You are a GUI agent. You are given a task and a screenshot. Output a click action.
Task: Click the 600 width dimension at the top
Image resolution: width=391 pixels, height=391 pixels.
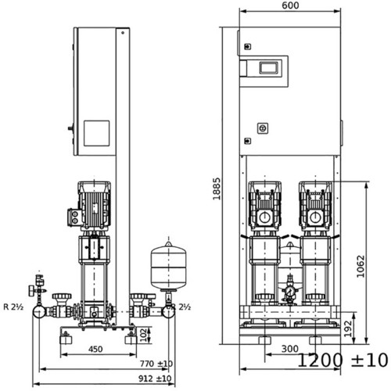pyautogui.click(x=290, y=5)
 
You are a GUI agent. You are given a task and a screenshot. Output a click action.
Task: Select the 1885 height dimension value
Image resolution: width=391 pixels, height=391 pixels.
pyautogui.click(x=217, y=188)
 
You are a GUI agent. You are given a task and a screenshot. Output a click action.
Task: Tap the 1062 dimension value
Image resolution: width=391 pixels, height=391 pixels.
pyautogui.click(x=361, y=267)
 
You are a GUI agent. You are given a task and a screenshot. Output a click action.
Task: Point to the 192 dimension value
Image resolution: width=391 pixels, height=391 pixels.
pyautogui.click(x=348, y=328)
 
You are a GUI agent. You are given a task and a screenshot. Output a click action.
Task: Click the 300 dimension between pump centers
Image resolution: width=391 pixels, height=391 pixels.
pyautogui.click(x=290, y=349)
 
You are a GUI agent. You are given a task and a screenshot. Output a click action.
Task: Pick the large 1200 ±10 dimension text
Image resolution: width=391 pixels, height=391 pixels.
pyautogui.click(x=343, y=361)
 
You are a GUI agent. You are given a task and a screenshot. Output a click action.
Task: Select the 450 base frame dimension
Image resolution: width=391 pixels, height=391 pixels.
pyautogui.click(x=95, y=349)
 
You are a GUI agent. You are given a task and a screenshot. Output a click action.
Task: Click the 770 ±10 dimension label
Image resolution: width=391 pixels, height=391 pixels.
pyautogui.click(x=156, y=364)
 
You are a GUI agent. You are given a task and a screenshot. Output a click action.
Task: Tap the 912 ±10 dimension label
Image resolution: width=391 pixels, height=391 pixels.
pyautogui.click(x=155, y=378)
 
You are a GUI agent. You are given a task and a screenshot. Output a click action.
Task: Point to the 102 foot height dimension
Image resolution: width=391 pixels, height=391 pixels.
pyautogui.click(x=144, y=335)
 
